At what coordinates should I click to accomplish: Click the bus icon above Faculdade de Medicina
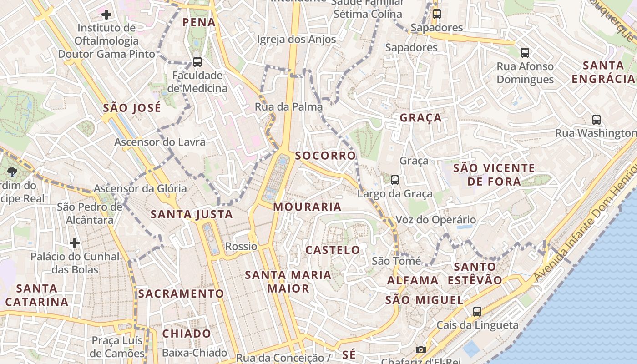pyautogui.click(x=197, y=61)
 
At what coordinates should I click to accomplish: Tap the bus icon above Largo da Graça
pyautogui.click(x=395, y=180)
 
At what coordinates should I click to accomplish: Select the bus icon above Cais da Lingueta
pyautogui.click(x=477, y=311)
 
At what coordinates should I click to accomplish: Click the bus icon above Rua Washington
pyautogui.click(x=596, y=119)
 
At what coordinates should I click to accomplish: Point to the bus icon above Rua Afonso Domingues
pyautogui.click(x=525, y=52)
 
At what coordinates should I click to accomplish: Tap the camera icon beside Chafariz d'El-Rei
pyautogui.click(x=421, y=349)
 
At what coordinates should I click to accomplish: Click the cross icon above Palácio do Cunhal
pyautogui.click(x=75, y=243)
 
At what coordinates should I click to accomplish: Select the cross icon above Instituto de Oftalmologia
pyautogui.click(x=106, y=15)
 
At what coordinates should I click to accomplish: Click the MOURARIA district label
pyautogui.click(x=307, y=207)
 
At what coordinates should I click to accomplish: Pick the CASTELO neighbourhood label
pyautogui.click(x=333, y=250)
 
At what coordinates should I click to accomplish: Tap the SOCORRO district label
pyautogui.click(x=325, y=156)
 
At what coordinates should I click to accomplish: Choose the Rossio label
pyautogui.click(x=241, y=247)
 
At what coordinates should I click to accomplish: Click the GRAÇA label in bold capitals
pyautogui.click(x=420, y=118)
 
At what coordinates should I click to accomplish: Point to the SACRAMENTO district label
pyautogui.click(x=181, y=294)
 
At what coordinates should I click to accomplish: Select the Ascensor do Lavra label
pyautogui.click(x=160, y=142)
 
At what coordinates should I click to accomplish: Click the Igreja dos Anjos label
pyautogui.click(x=296, y=40)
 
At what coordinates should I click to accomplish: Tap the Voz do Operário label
pyautogui.click(x=435, y=220)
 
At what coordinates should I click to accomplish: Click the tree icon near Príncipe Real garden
pyautogui.click(x=12, y=172)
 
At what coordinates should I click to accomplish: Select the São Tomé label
pyautogui.click(x=396, y=261)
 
